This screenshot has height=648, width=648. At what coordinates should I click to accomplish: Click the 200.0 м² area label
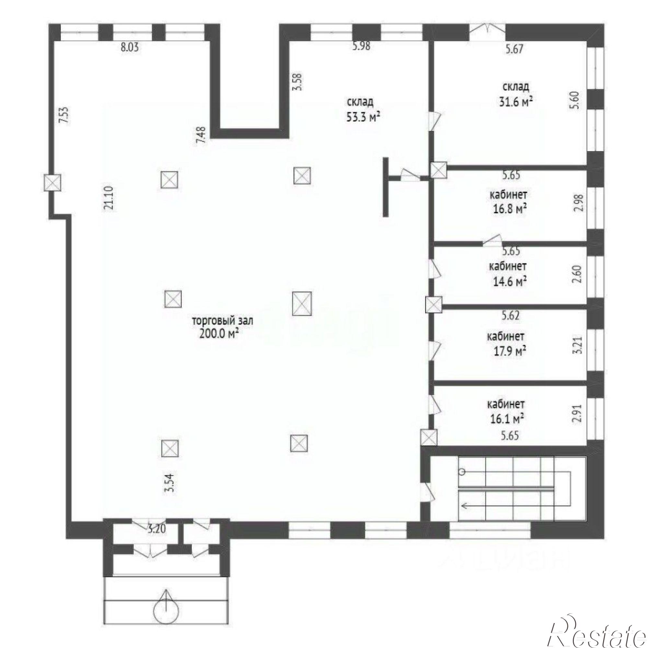point(219,334)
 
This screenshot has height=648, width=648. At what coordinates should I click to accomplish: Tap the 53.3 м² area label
point(364,116)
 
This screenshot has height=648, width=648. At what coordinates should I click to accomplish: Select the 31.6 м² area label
point(516,101)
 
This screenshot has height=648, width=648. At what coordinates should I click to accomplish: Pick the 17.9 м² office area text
point(509,351)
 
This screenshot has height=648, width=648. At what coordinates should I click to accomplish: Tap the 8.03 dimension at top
point(130,47)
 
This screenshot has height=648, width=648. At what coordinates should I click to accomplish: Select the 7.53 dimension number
point(64,115)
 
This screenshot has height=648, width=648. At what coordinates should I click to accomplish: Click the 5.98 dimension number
point(361,46)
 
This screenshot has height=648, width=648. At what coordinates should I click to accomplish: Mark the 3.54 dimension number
point(171,482)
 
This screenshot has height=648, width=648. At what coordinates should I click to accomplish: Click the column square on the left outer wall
point(53,182)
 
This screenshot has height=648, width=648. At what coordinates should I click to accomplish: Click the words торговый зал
point(222,321)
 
